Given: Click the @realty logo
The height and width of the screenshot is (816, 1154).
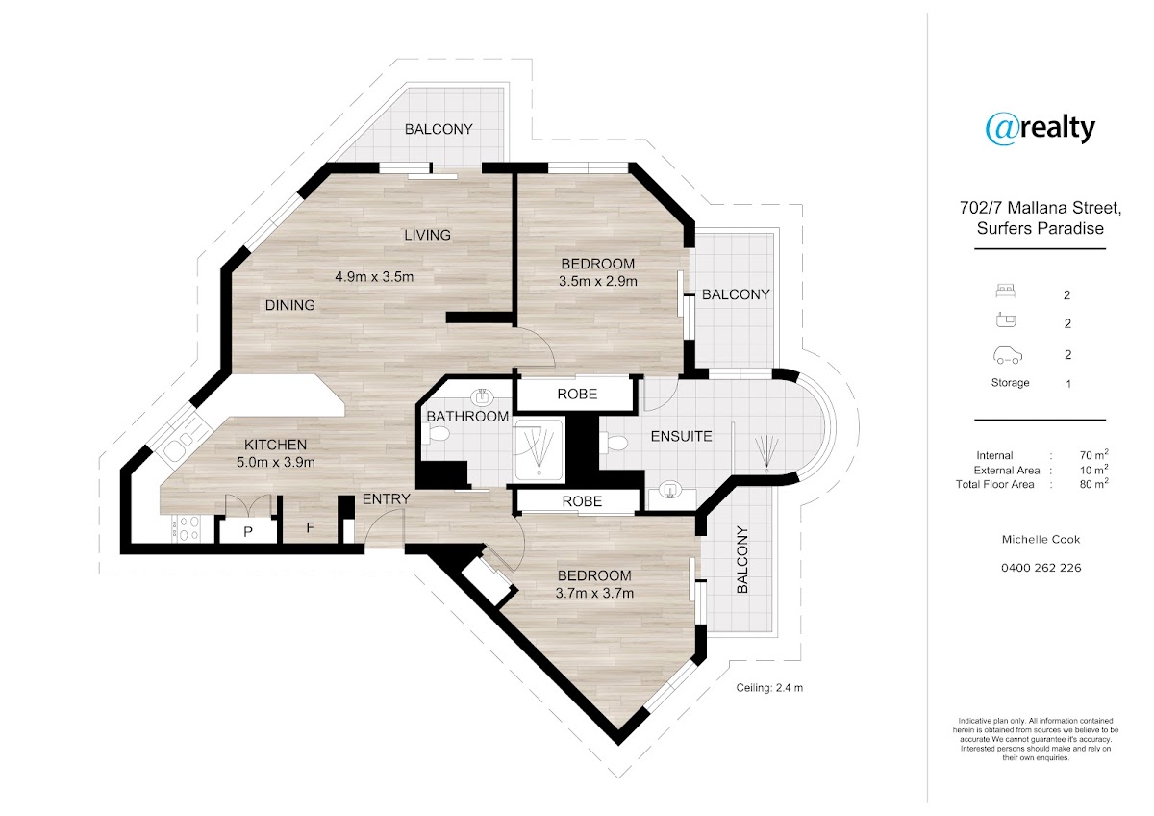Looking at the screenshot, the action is point(1041,129).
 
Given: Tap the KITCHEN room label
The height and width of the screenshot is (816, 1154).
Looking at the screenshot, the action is point(275,445).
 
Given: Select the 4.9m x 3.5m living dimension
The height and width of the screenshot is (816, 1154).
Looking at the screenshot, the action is point(374,277).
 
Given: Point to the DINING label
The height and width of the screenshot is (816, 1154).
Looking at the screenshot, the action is point(290,305).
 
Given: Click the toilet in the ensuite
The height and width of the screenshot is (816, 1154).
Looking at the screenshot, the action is point(615,443).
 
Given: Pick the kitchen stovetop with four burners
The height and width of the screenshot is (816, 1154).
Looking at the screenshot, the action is point(186,528).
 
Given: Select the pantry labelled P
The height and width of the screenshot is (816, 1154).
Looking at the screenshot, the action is point(248,531).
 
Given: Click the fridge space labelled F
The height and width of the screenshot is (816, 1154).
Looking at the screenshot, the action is point(310,527).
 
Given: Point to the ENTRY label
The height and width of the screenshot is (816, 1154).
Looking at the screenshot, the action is point(386,499).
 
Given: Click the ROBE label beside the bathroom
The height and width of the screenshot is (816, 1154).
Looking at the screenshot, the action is point(577,395).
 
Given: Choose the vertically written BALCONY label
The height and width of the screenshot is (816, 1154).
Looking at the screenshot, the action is point(742,559).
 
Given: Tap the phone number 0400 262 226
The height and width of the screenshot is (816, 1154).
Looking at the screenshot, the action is point(1041,568).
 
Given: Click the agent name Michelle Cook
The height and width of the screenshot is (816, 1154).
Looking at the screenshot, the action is point(1041,539).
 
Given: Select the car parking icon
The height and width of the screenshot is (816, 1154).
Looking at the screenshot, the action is point(1007,355).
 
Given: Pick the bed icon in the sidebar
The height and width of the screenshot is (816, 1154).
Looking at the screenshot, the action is point(1006,292).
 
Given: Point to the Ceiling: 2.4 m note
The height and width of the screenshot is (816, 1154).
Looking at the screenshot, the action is point(769,688).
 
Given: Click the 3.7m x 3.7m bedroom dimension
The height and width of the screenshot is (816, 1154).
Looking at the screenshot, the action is point(594,594).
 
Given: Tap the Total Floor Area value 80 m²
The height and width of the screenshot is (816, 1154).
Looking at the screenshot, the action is point(1094,483).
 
